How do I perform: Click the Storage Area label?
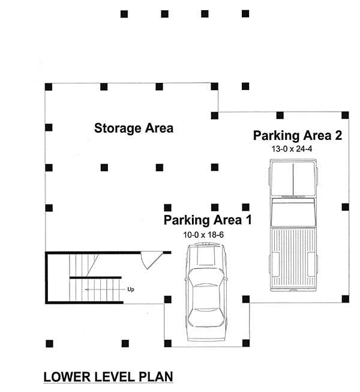pyautogui.click(x=134, y=128)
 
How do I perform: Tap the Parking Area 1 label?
pyautogui.click(x=208, y=220)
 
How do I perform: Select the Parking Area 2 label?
pyautogui.click(x=298, y=134)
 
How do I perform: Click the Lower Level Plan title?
pyautogui.click(x=108, y=377)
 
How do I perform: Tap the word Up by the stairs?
pyautogui.click(x=130, y=289)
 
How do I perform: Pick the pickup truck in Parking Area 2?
pyautogui.click(x=293, y=225)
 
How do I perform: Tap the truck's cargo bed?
pyautogui.click(x=293, y=256)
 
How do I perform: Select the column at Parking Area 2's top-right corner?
pyautogui.click(x=344, y=114)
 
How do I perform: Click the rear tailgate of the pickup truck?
pyautogui.click(x=293, y=289)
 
